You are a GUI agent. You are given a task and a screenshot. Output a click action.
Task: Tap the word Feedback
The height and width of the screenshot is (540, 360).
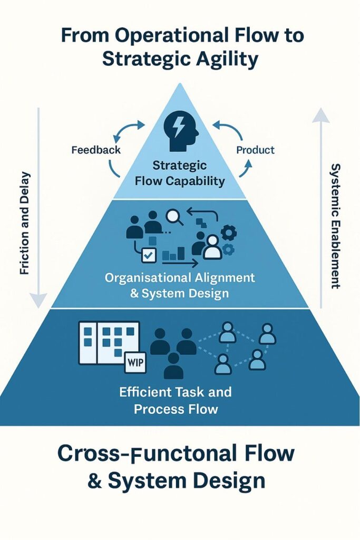96,150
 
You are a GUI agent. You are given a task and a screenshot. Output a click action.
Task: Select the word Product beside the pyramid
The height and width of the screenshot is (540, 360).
255,150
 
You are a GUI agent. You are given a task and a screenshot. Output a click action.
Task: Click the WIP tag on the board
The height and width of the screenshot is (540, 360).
135,363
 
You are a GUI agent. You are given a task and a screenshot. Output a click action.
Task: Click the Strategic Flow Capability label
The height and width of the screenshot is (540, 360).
180,173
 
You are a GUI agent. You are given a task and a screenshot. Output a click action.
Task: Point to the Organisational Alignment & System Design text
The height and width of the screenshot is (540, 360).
180,285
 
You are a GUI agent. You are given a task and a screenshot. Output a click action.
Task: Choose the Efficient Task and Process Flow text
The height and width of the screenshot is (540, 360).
176,400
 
